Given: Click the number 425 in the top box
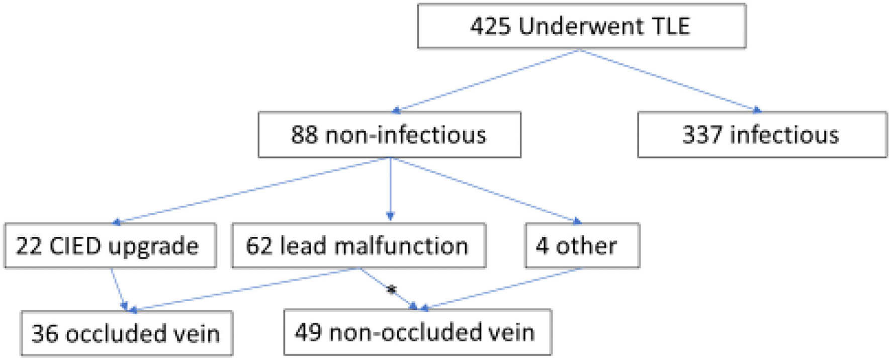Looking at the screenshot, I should (490, 26).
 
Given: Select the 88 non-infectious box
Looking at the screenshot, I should (389, 135).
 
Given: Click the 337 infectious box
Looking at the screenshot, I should (762, 135).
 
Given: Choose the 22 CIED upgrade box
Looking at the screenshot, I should (110, 245).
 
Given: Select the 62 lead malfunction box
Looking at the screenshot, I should (358, 245).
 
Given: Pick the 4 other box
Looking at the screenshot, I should (582, 245).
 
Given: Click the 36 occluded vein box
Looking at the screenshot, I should (126, 333).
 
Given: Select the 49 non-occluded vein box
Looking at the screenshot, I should (417, 332).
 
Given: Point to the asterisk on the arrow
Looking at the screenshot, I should (392, 290).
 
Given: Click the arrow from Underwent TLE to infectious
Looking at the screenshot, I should (669, 80).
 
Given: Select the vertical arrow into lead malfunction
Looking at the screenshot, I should (390, 189).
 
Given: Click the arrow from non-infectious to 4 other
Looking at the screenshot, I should (485, 190).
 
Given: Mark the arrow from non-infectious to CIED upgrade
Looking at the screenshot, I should (251, 190).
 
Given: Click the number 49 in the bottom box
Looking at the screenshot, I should (306, 332).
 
